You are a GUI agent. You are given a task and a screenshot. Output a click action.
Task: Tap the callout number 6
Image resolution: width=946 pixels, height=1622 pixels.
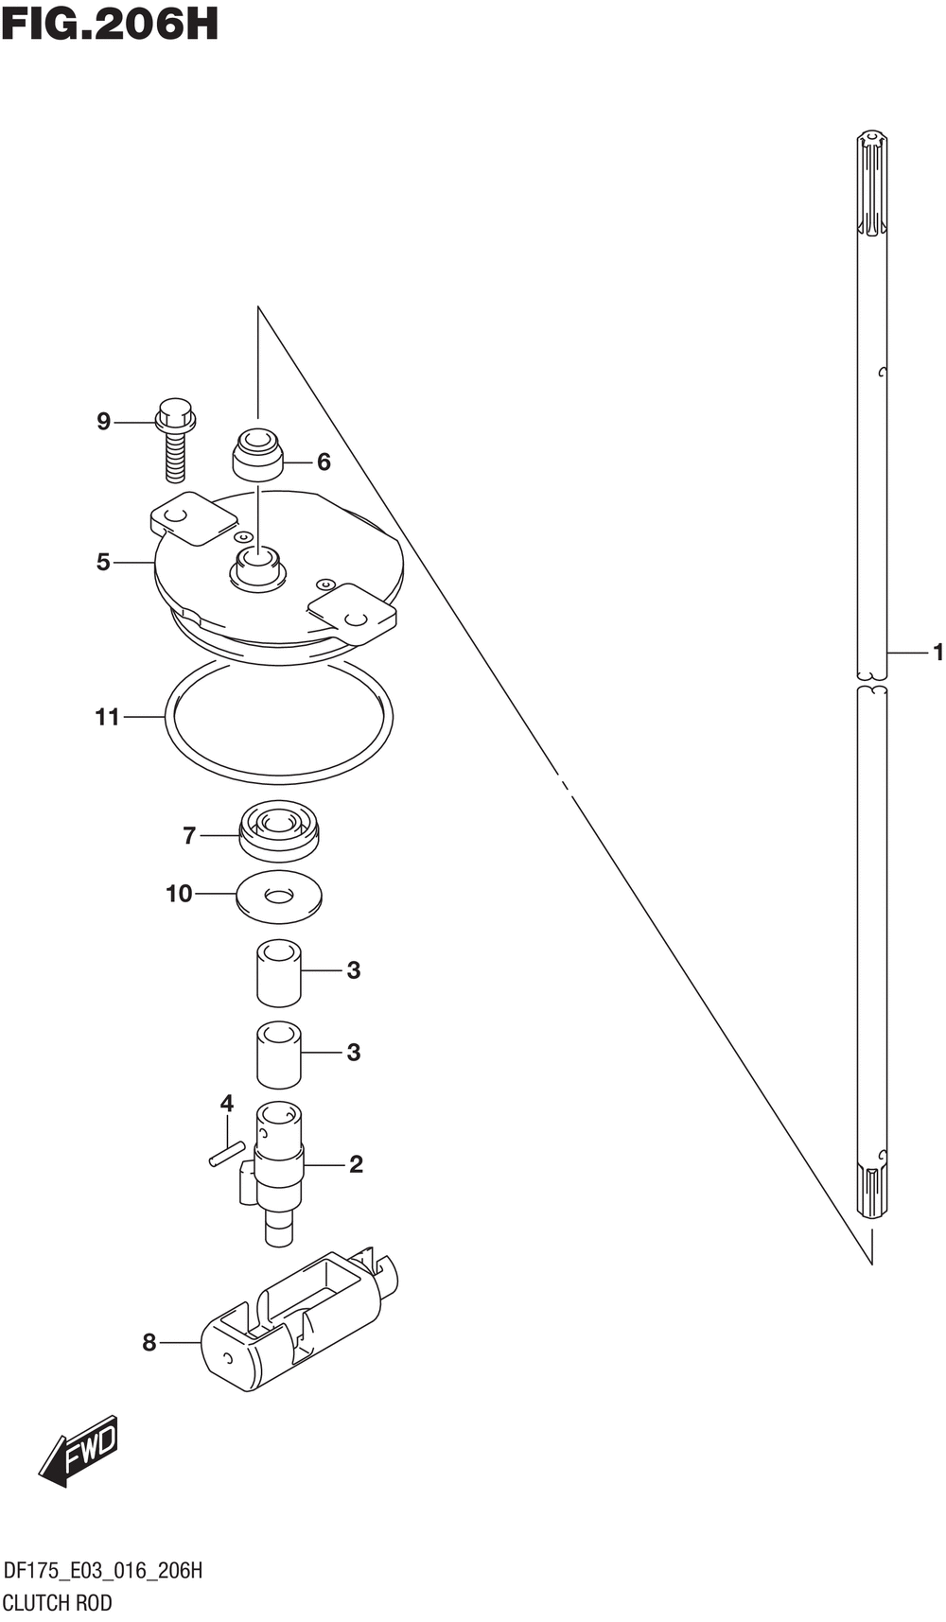(x=324, y=462)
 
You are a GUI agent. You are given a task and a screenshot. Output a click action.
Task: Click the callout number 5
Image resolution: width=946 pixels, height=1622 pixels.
(x=103, y=563)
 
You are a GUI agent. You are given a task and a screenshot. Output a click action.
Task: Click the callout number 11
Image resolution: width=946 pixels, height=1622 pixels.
(x=107, y=718)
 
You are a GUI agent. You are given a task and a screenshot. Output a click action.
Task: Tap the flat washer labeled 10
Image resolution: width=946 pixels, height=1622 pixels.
(x=279, y=896)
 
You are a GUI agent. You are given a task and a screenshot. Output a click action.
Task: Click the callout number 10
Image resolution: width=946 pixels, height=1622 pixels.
(x=179, y=894)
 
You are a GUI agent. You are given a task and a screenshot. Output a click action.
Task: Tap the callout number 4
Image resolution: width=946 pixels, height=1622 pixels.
(x=227, y=1104)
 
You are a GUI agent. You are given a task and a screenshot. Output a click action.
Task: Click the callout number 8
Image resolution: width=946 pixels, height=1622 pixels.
(x=149, y=1343)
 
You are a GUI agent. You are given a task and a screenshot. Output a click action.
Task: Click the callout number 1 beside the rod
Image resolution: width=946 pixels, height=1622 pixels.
(x=937, y=653)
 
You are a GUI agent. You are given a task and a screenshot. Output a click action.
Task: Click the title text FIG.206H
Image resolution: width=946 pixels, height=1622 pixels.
(x=110, y=24)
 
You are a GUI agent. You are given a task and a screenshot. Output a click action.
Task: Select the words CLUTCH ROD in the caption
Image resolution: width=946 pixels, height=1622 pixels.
(x=57, y=1603)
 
